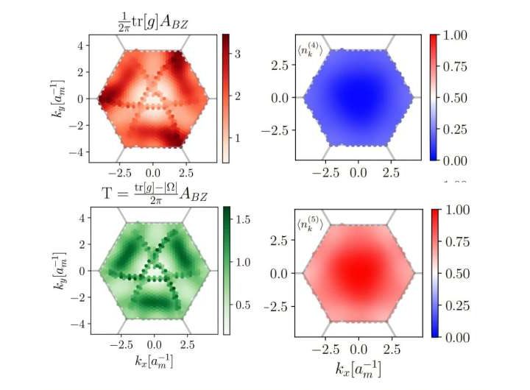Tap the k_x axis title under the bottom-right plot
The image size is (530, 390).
[358, 366]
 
